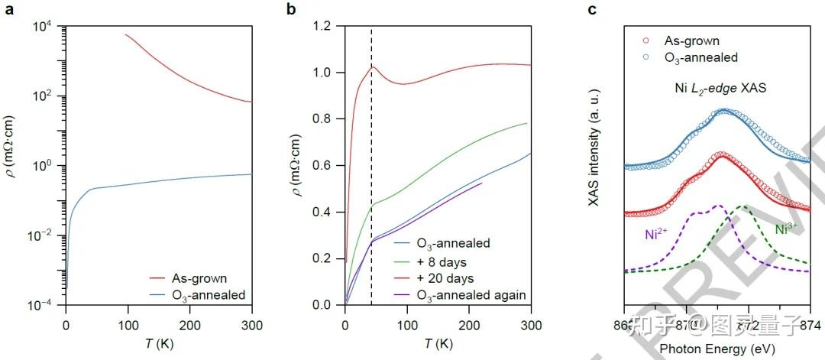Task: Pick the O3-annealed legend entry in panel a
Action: (x=207, y=295)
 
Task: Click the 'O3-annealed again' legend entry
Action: (x=472, y=295)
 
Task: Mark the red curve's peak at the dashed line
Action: (x=372, y=66)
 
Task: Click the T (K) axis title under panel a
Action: (x=158, y=343)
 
